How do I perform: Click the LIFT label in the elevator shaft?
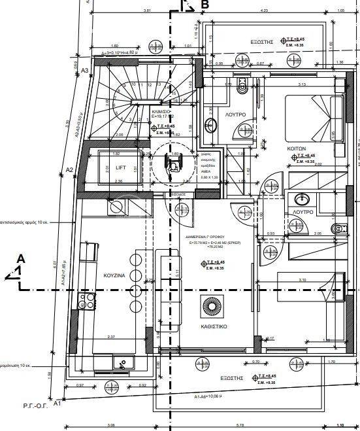coord(120,167)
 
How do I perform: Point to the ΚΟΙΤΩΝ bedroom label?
coord(297,149)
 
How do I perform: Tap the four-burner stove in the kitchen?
coord(86,302)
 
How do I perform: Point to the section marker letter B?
coord(205,5)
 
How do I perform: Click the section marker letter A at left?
coord(21,259)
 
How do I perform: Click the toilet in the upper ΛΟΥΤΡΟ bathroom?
coord(240,86)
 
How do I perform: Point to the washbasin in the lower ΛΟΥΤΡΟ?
coord(300,199)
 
